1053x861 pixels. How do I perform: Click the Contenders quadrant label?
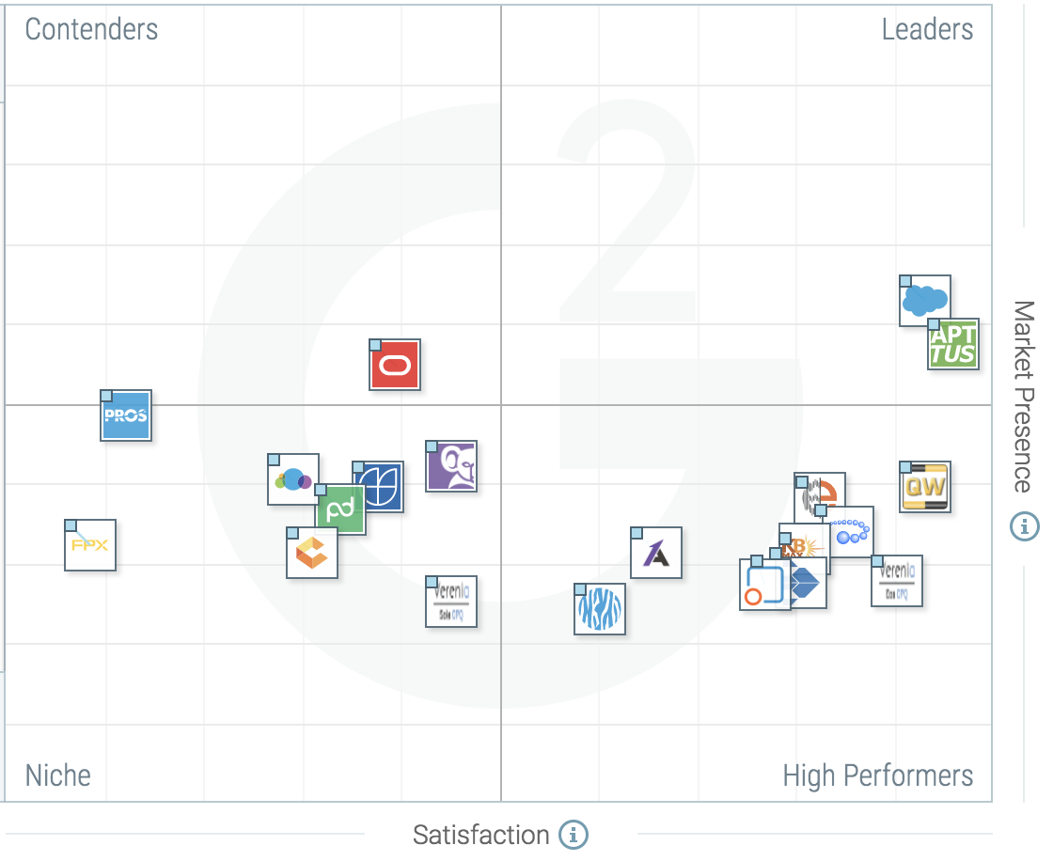[x=91, y=29]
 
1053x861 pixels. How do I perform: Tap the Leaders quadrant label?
[x=927, y=29]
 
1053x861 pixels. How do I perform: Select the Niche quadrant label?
[x=57, y=775]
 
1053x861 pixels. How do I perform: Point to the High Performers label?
[x=878, y=775]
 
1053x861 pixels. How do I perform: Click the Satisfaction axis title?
[x=480, y=835]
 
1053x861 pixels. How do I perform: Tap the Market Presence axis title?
[x=1024, y=397]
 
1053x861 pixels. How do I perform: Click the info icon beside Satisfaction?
[x=574, y=834]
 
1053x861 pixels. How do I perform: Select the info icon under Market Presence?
[x=1024, y=526]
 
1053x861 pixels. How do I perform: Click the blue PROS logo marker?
[x=126, y=415]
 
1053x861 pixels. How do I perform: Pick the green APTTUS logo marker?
[x=953, y=344]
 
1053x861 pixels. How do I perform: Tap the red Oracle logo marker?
[x=395, y=365]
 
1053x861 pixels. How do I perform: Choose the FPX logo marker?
[x=90, y=545]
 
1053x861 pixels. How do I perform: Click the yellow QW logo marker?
[x=925, y=487]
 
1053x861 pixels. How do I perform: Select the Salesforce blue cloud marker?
[x=925, y=301]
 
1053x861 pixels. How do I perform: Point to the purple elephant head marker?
[x=451, y=466]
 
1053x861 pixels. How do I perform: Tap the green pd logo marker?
[x=340, y=510]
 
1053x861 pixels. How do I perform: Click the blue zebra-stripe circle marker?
[x=600, y=609]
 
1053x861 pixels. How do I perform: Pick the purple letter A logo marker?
[x=656, y=553]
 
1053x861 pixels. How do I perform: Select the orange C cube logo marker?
[x=312, y=553]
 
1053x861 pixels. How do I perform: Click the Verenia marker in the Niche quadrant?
[x=451, y=602]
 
